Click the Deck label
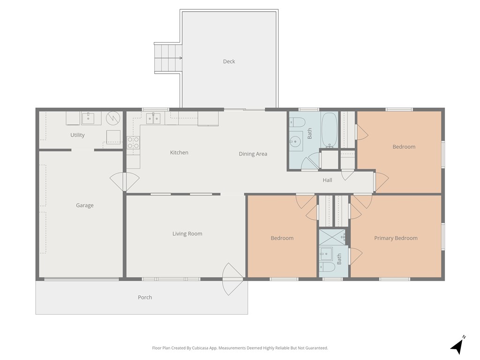(229, 61)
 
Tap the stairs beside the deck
(168, 58)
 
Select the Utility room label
(77, 135)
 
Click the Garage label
(85, 205)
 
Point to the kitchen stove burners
(133, 142)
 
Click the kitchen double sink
(153, 118)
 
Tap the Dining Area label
(253, 154)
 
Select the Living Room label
(187, 233)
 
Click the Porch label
(145, 297)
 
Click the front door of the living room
(232, 280)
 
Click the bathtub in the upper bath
(330, 129)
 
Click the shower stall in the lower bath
(332, 237)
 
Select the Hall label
(327, 180)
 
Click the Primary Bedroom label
(396, 238)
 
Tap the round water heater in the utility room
(113, 118)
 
